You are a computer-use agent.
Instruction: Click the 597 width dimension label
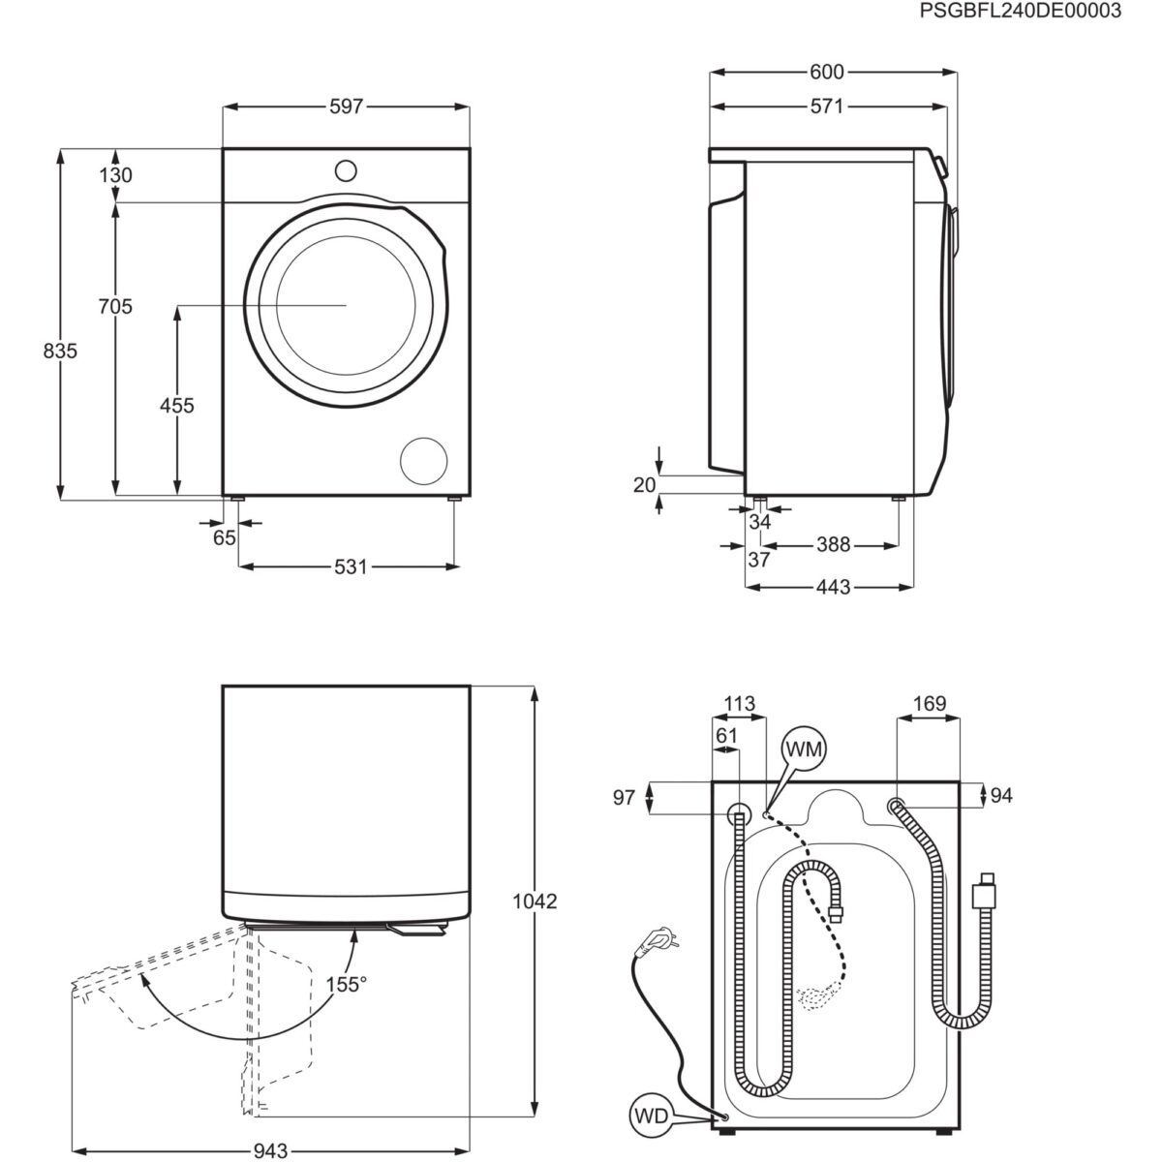346,107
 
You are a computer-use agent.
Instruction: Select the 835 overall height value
60,352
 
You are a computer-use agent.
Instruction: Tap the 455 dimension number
177,406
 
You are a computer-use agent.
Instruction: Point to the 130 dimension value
115,175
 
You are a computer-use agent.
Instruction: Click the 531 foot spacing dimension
352,566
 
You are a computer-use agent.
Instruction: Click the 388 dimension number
833,545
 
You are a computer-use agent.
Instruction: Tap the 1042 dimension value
535,902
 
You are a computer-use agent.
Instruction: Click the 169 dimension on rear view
929,704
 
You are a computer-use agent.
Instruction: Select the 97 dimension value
624,797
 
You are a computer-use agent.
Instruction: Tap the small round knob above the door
346,170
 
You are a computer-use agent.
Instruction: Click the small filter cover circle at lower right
425,461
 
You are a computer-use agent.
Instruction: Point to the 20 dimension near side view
646,485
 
